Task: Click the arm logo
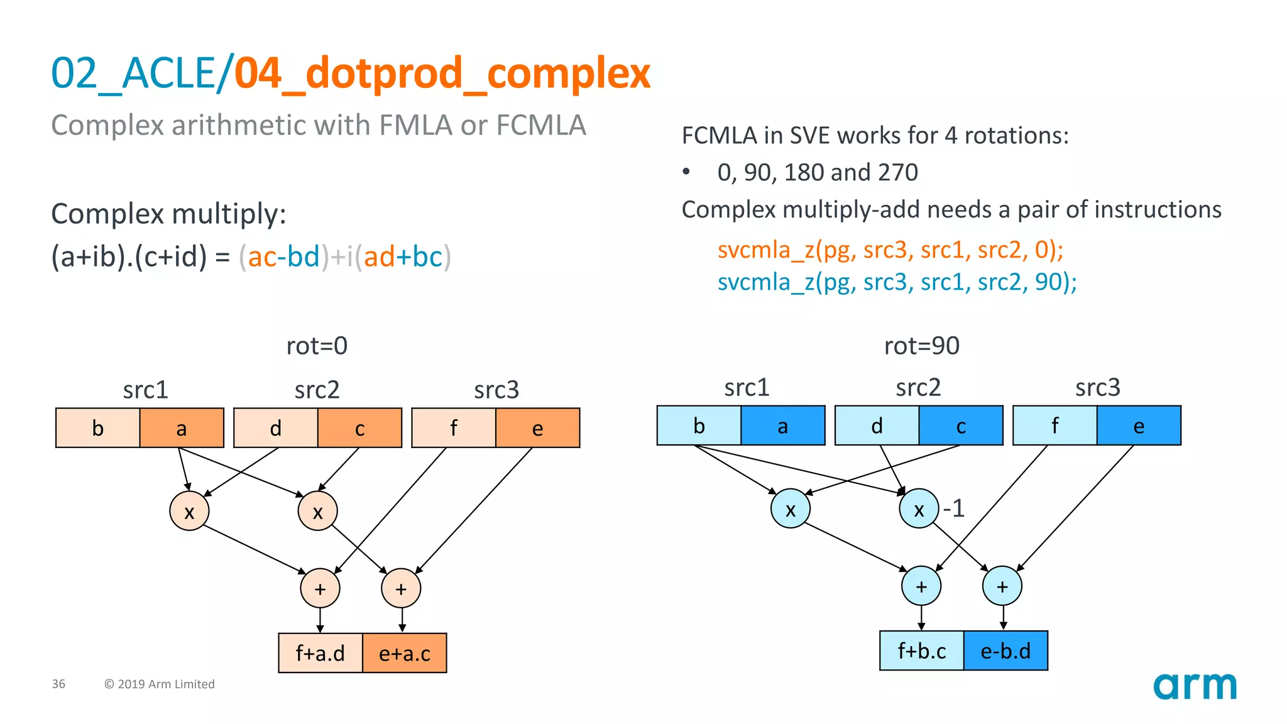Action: pos(1194,686)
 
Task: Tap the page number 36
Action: pos(58,684)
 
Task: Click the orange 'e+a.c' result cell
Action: pos(404,654)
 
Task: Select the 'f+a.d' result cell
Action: pos(320,654)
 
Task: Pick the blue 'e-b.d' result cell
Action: pos(1005,651)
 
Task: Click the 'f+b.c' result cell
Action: pos(921,651)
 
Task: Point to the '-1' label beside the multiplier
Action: pos(954,508)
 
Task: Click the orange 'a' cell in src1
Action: pos(182,428)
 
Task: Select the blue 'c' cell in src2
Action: pos(961,426)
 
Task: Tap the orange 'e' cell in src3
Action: pos(537,428)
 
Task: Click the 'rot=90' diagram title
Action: pos(921,346)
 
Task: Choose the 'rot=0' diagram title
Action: pos(317,346)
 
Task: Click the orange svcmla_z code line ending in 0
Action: pos(890,250)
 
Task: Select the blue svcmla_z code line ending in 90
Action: pos(897,282)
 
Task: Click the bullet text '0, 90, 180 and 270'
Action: pos(817,172)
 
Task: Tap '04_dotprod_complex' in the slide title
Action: pos(442,74)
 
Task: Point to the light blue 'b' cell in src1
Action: pos(699,426)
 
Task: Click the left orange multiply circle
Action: pos(189,512)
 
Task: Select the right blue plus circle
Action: pos(1002,586)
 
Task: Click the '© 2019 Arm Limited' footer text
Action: pos(160,684)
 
